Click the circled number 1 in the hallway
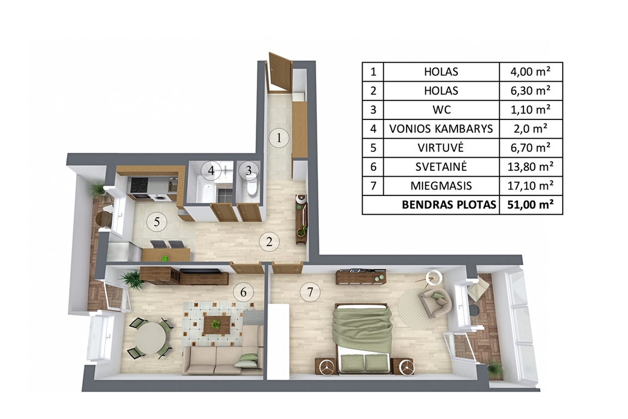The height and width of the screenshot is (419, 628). point(279,138)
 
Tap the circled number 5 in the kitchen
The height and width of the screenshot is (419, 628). point(156,222)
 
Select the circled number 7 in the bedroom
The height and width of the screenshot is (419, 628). point(310,292)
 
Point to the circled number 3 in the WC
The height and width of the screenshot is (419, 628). point(249,171)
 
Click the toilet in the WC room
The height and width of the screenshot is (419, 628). point(252,188)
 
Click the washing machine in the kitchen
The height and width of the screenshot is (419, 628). point(159,197)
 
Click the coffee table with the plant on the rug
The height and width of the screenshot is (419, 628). point(216,325)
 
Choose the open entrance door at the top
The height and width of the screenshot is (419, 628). point(279,72)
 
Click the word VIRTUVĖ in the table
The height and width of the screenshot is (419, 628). point(440,148)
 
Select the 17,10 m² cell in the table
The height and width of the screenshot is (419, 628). point(530,185)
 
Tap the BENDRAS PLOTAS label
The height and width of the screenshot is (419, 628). point(449,205)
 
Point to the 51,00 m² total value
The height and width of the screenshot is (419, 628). point(530,205)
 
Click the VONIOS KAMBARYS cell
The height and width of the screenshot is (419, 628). point(441,129)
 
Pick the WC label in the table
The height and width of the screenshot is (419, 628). point(441,110)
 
